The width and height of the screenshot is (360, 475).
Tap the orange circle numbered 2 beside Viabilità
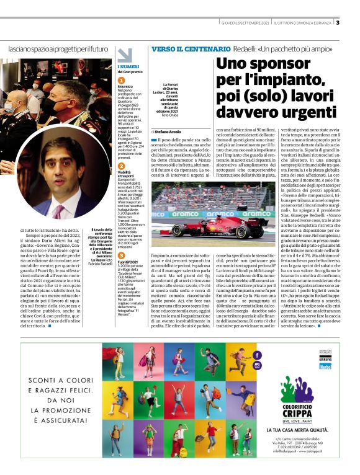click(121, 167)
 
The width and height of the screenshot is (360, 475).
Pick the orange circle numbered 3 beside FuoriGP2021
click(121, 255)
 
